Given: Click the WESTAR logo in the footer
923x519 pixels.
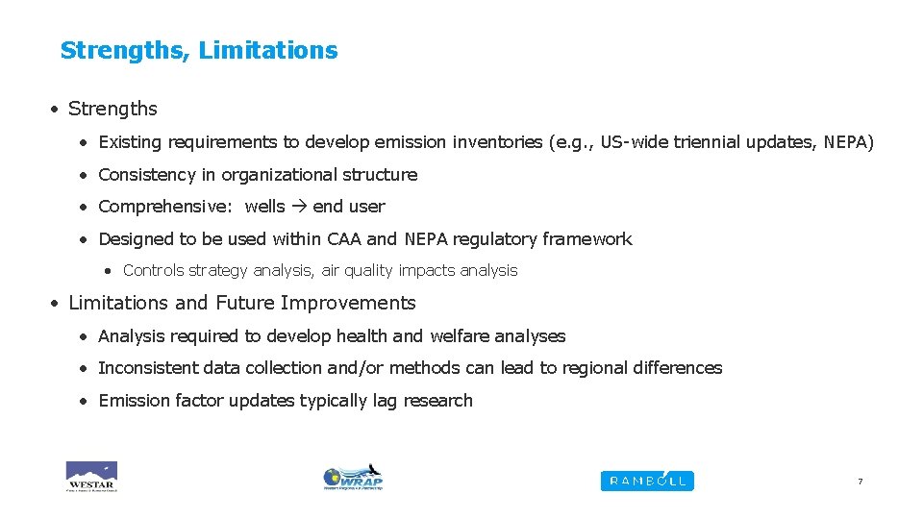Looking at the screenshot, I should pos(91,476).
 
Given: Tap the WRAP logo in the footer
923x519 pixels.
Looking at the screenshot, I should pos(353,477).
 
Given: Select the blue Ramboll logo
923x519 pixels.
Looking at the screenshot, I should pos(646,481).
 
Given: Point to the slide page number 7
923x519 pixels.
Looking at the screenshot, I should pos(860,482).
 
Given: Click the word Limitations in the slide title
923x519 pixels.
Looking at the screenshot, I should pos(268,50).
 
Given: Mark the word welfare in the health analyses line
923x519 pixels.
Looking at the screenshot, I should pos(460,336).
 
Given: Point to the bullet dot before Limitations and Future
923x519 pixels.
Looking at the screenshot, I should pos(57,303).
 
